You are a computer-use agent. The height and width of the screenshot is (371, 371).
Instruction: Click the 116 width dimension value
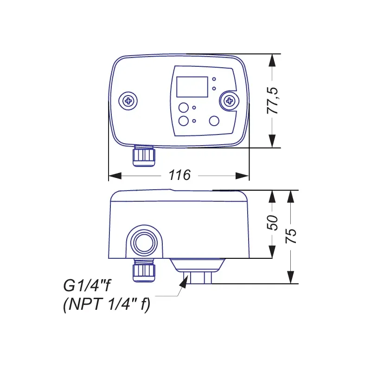(179, 175)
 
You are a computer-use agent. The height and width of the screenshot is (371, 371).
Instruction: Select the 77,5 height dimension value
(272, 101)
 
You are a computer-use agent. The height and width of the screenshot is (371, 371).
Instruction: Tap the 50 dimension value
(272, 223)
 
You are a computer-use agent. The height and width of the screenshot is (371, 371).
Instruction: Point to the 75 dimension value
(291, 236)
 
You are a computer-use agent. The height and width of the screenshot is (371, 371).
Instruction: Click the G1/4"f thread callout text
(87, 286)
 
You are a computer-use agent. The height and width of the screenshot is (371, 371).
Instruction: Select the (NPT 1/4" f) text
(107, 304)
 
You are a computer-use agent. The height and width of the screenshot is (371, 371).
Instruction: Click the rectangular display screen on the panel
(192, 87)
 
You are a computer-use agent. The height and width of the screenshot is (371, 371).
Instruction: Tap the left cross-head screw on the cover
(128, 101)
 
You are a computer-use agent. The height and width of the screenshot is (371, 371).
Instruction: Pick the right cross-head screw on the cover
(229, 101)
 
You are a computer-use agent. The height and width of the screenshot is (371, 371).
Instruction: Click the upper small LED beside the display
(214, 79)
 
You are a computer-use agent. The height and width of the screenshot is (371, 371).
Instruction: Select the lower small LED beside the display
(214, 89)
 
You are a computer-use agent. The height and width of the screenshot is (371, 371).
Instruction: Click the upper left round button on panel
(183, 108)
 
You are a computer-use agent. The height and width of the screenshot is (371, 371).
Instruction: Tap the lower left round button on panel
(183, 121)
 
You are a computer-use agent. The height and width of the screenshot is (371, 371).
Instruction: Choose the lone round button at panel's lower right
(214, 121)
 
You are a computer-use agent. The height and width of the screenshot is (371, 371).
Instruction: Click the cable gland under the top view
(144, 156)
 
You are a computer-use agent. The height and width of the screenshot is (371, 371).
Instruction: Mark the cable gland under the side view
(144, 270)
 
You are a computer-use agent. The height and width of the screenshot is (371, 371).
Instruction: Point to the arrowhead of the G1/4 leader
(184, 282)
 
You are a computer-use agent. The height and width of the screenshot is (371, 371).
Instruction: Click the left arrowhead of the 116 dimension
(115, 176)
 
